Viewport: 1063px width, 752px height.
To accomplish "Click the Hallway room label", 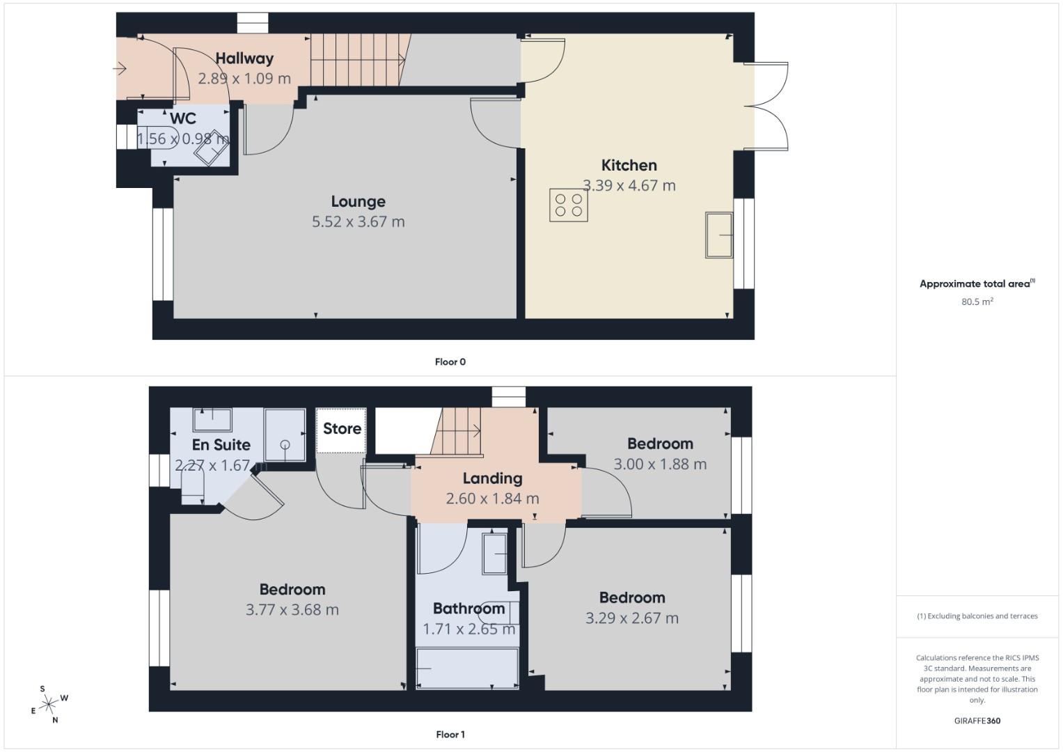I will click(x=244, y=58).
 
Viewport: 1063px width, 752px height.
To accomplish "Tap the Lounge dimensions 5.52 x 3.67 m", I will click(x=358, y=221).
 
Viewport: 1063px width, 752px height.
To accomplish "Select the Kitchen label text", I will click(x=629, y=165).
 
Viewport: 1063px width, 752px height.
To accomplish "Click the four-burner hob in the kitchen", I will click(x=568, y=205).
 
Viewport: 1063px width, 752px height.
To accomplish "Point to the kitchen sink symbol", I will click(x=719, y=235).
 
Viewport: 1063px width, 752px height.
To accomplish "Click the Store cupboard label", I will click(x=342, y=429).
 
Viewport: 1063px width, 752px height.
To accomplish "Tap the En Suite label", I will click(x=221, y=445).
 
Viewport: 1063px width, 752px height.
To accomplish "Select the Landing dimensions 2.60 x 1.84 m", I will click(x=492, y=499).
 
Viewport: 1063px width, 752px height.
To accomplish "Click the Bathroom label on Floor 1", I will click(x=468, y=609).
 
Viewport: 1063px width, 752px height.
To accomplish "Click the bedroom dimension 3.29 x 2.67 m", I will click(x=631, y=618).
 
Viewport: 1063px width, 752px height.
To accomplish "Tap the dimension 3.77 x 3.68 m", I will click(x=292, y=610).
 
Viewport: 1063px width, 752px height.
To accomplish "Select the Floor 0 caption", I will click(x=450, y=362).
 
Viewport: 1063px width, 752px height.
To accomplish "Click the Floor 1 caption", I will click(x=450, y=735).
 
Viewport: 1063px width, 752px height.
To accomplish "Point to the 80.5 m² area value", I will click(x=977, y=301).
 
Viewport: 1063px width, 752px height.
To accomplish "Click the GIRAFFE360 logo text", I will click(x=977, y=721).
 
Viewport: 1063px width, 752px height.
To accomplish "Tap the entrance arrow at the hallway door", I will click(x=120, y=69).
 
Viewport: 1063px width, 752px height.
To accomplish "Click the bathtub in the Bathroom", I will click(x=467, y=668).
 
